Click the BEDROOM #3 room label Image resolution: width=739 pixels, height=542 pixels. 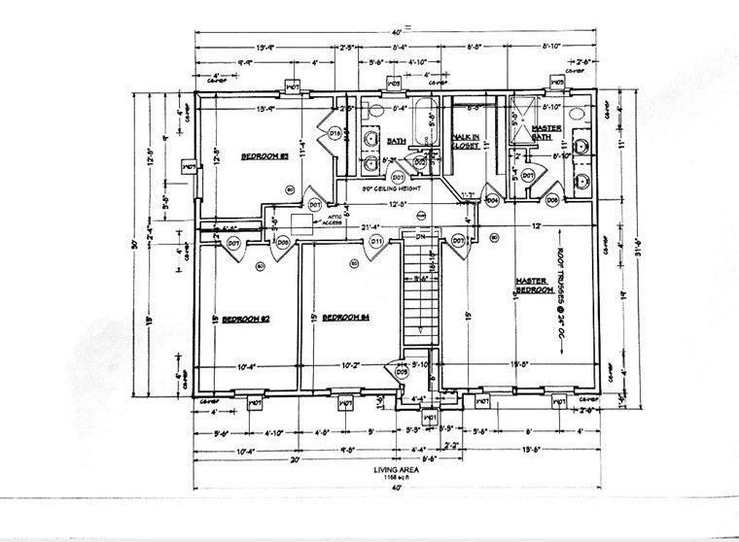point(260,156)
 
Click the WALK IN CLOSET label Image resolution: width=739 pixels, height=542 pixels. point(466,141)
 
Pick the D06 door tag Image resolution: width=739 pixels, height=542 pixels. point(551,200)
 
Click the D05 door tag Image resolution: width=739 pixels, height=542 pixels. point(402,369)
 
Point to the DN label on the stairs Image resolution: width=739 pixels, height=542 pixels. point(420,236)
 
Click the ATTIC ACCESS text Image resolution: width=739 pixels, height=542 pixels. point(335,219)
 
